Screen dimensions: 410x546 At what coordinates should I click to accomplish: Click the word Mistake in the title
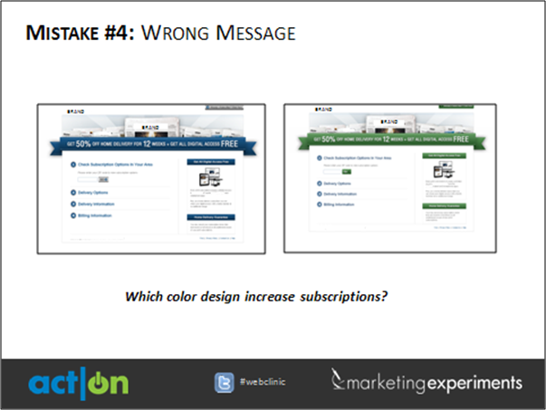tap(62, 34)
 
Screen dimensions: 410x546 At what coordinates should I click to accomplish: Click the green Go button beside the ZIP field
tap(345, 171)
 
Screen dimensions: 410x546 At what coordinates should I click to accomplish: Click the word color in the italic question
tap(177, 296)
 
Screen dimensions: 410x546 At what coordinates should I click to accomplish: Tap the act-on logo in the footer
tap(77, 382)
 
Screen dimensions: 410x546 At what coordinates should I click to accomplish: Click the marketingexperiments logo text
tap(426, 381)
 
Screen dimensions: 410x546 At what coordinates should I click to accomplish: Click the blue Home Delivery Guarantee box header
tap(210, 217)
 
